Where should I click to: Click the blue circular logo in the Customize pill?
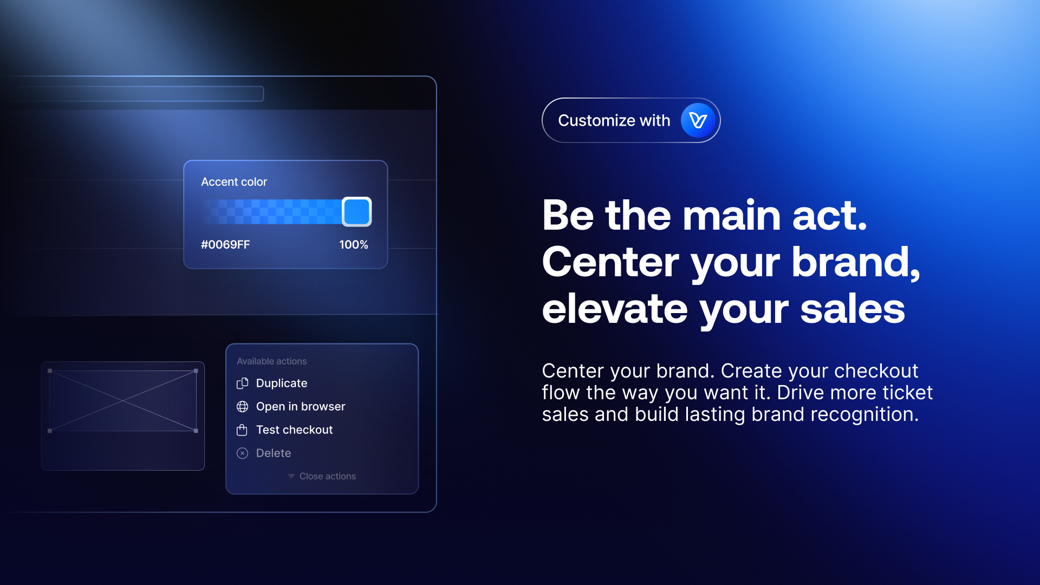click(x=698, y=120)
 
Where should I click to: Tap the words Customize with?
click(x=614, y=120)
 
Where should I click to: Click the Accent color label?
click(x=234, y=182)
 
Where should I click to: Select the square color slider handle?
click(x=356, y=212)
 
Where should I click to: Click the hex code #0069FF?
click(x=225, y=245)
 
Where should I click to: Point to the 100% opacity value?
click(x=354, y=245)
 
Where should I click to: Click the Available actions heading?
click(x=272, y=361)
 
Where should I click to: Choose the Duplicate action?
click(x=282, y=383)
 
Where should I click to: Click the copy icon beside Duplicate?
click(x=242, y=383)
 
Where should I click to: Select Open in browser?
click(x=301, y=407)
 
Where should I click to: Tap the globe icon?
click(x=242, y=407)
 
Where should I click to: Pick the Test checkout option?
click(x=294, y=430)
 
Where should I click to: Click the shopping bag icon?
click(x=242, y=430)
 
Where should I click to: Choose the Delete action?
click(x=274, y=453)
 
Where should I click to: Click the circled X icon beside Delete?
click(x=242, y=453)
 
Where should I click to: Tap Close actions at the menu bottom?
click(x=328, y=477)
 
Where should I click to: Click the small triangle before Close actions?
click(x=291, y=477)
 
